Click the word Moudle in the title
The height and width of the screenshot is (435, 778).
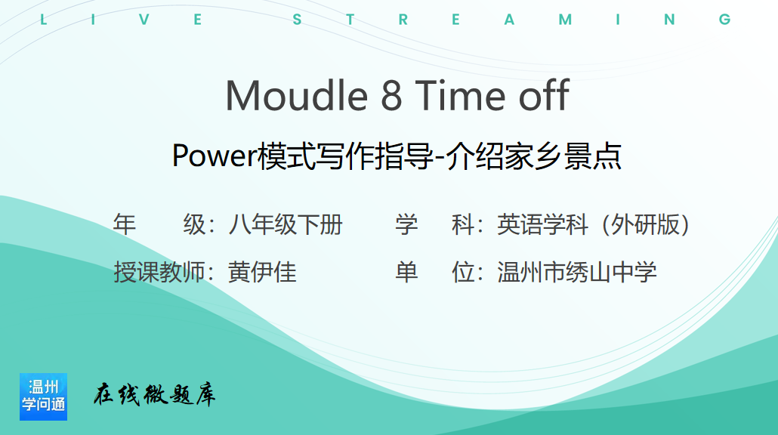point(296,95)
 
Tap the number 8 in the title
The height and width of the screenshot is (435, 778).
point(391,96)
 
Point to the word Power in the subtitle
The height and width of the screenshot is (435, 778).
point(214,156)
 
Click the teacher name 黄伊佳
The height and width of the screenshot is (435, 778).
point(262,273)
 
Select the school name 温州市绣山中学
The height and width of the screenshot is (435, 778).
point(577,273)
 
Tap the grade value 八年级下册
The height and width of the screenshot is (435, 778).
point(286,225)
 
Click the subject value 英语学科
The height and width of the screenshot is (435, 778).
point(542,225)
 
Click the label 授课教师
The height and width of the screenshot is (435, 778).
point(159,273)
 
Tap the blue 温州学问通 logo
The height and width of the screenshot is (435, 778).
point(43,396)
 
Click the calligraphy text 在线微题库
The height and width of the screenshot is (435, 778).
point(154,395)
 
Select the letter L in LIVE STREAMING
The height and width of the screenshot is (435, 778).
point(43,20)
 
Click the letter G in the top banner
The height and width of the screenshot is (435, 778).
point(725,20)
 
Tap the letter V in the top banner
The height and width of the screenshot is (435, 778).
point(144,20)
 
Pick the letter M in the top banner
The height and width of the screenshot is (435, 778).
point(565,20)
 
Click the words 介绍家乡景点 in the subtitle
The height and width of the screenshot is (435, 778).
point(534,156)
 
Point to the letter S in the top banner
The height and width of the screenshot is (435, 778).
point(297,20)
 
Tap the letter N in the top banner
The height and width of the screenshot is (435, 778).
point(669,20)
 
